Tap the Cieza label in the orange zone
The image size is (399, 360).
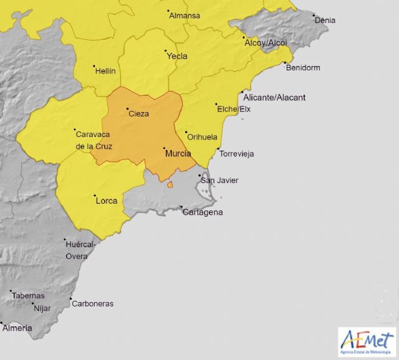click(x=138, y=114)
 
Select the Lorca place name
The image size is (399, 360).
click(x=106, y=201)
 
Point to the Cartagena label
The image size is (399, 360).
click(x=203, y=212)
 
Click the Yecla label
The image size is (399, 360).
click(x=177, y=56)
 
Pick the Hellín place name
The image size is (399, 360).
click(x=105, y=71)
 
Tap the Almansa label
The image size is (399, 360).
click(x=185, y=16)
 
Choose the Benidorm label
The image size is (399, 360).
click(x=302, y=67)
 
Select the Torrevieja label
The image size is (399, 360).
click(x=237, y=154)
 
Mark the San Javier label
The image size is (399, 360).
click(x=219, y=181)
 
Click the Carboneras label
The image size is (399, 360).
click(x=92, y=303)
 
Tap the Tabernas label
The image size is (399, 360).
click(x=27, y=296)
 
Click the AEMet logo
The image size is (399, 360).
click(x=367, y=341)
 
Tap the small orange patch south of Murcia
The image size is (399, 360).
click(x=170, y=184)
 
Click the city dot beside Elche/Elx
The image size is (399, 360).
click(x=216, y=105)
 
